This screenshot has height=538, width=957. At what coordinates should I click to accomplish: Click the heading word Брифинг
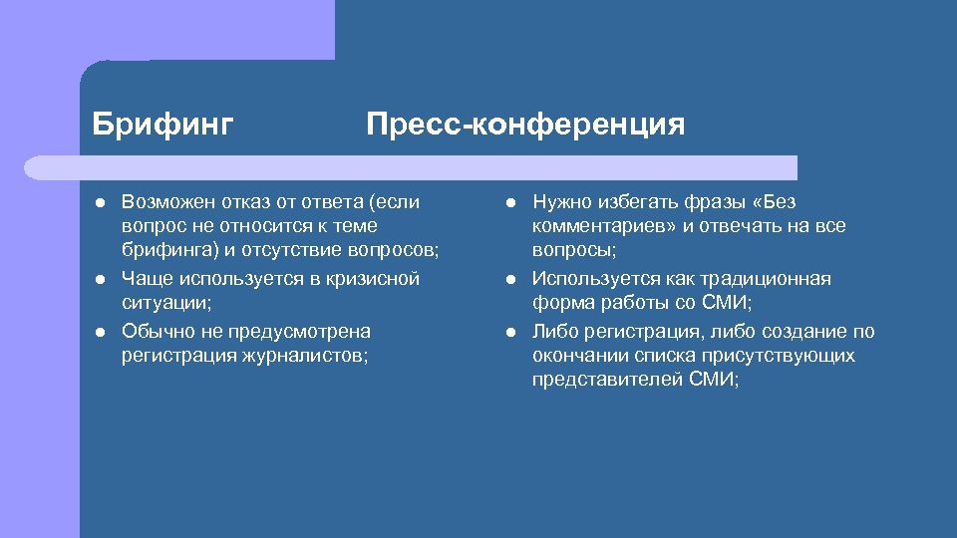(162, 125)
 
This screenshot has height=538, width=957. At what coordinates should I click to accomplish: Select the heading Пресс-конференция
(525, 125)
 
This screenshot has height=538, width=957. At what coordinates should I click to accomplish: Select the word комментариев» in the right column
(604, 227)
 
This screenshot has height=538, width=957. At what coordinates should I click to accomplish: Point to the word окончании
(579, 356)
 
